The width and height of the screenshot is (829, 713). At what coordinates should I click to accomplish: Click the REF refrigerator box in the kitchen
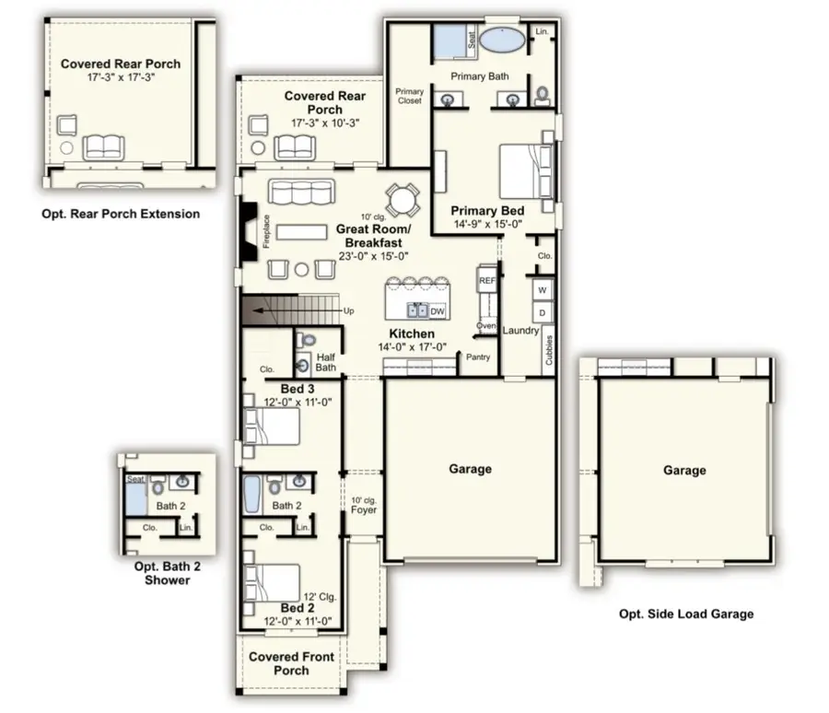(487, 280)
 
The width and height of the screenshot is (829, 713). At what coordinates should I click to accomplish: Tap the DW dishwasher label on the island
(438, 311)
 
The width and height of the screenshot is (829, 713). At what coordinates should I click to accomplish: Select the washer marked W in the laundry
(543, 290)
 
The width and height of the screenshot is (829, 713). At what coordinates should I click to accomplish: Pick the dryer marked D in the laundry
(543, 313)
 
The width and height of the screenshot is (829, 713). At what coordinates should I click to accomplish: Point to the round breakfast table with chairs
(402, 200)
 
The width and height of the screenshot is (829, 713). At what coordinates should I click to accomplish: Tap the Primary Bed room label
(486, 210)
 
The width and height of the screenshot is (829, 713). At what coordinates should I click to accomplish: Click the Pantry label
(478, 356)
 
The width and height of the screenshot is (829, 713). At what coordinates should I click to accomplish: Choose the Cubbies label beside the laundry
(549, 350)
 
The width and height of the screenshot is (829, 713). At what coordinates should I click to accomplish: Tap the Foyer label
(364, 509)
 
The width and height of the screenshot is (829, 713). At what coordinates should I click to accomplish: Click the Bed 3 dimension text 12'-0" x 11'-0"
(298, 403)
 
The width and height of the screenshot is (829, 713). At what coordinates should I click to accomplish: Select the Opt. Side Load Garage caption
(685, 614)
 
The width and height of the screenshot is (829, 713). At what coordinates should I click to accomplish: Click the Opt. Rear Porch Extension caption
(121, 214)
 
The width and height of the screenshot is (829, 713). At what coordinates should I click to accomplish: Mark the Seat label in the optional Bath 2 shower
(135, 478)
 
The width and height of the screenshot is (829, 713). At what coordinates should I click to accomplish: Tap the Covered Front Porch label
(292, 663)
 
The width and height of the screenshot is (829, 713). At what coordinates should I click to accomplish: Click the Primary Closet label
(409, 96)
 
